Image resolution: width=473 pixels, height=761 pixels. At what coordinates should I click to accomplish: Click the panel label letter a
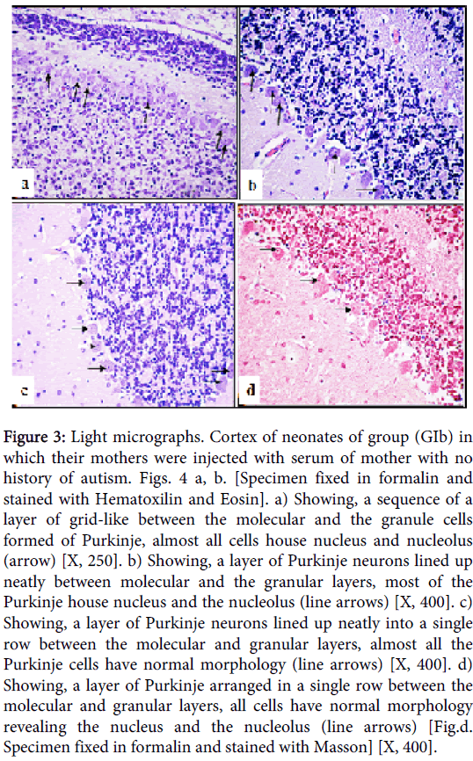click(25, 184)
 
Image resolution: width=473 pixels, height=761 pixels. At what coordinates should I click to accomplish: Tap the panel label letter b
click(252, 185)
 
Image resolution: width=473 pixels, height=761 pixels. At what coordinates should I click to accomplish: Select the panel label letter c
click(25, 391)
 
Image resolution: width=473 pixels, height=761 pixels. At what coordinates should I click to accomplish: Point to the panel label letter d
click(251, 389)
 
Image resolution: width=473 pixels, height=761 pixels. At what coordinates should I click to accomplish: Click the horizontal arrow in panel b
click(367, 190)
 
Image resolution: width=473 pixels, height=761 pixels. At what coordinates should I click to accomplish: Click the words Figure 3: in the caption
click(34, 438)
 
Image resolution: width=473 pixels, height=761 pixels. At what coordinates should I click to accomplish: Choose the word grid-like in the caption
click(98, 520)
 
